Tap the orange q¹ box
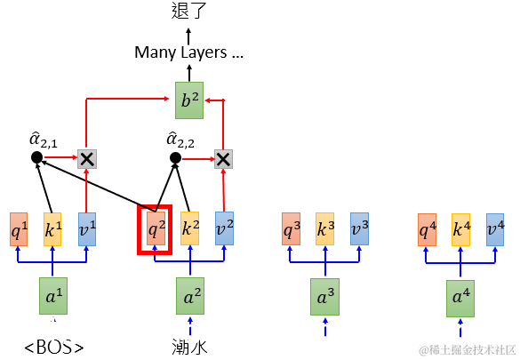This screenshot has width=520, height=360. pyautogui.click(x=19, y=228)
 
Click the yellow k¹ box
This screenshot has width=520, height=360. pyautogui.click(x=52, y=228)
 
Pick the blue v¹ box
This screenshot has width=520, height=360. pyautogui.click(x=87, y=228)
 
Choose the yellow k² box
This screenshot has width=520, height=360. pyautogui.click(x=189, y=228)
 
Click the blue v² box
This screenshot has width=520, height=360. pyautogui.click(x=224, y=228)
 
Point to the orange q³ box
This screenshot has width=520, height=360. pyautogui.click(x=291, y=228)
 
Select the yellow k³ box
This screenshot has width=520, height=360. pyautogui.click(x=324, y=228)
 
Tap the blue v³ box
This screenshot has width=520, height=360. pyautogui.click(x=359, y=228)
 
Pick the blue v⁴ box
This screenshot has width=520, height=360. pyautogui.click(x=495, y=228)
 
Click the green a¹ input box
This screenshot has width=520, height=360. pyautogui.click(x=52, y=295)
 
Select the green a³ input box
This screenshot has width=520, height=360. pyautogui.click(x=325, y=295)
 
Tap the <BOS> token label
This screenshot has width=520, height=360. pyautogui.click(x=53, y=346)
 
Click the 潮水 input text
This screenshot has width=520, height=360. pyautogui.click(x=188, y=345)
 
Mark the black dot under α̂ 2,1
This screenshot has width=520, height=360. pyautogui.click(x=36, y=157)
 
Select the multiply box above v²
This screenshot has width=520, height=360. pyautogui.click(x=223, y=158)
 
